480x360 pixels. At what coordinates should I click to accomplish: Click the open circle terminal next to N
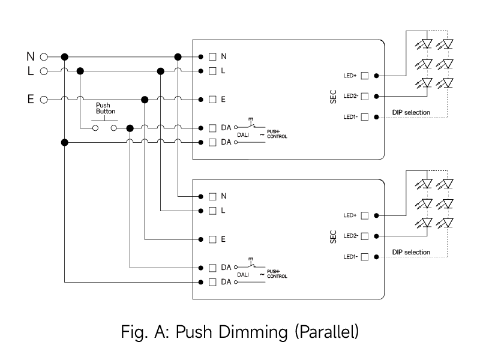click(x=43, y=56)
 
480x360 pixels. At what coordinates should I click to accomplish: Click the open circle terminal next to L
click(x=43, y=71)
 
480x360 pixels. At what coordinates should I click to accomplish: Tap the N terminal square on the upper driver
click(x=212, y=56)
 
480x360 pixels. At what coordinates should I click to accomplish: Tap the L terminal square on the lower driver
click(x=212, y=211)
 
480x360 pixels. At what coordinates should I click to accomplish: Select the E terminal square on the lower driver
click(x=212, y=239)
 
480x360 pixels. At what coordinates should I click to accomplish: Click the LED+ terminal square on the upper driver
click(x=364, y=76)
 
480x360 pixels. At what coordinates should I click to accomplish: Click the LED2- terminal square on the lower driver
click(x=364, y=236)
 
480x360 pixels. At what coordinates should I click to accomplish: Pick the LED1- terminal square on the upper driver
click(x=364, y=117)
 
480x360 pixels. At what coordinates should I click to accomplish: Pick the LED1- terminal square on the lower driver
click(x=364, y=256)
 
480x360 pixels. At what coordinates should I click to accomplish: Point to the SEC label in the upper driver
click(x=333, y=97)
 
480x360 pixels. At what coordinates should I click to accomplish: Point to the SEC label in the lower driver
click(x=333, y=236)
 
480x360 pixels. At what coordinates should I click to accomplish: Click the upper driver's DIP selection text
click(x=411, y=112)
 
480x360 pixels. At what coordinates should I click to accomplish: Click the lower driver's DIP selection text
click(x=411, y=252)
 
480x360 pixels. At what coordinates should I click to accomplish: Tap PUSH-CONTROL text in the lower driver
click(x=277, y=275)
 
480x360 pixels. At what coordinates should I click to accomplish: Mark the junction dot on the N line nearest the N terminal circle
click(x=65, y=56)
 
